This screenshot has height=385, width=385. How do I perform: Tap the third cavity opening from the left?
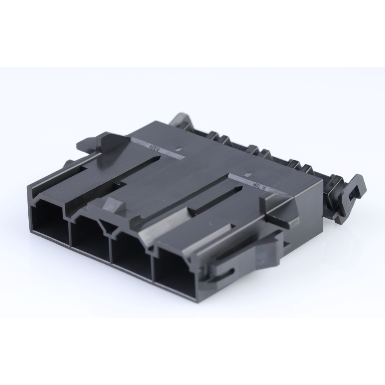point(131,255)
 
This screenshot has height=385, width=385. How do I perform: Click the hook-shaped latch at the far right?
point(352,196)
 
